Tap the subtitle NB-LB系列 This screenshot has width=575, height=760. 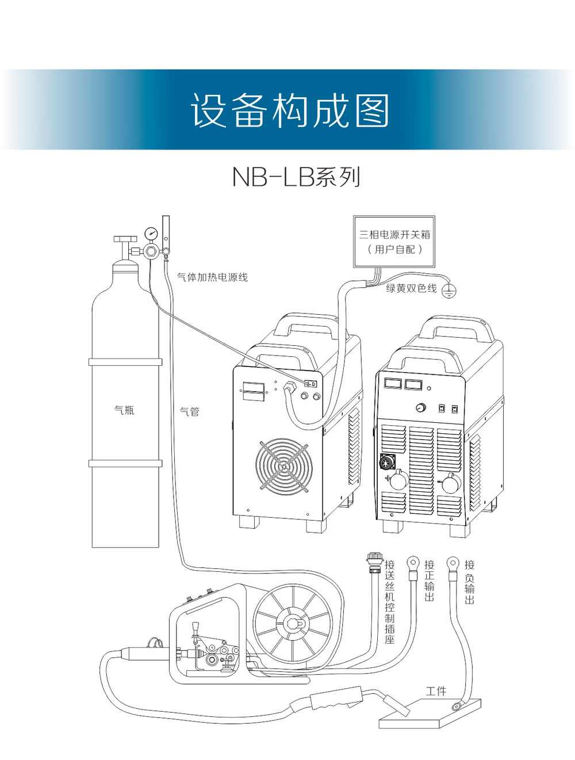tap(296, 177)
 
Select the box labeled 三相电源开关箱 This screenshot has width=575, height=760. tap(394, 242)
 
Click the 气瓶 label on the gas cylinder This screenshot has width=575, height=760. tap(124, 410)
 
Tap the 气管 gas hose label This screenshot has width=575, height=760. tap(189, 411)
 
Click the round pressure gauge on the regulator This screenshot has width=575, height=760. tap(152, 234)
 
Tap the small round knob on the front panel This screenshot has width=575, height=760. tap(421, 408)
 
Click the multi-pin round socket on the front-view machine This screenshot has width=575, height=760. tap(386, 461)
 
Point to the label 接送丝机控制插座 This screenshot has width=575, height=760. tap(390, 601)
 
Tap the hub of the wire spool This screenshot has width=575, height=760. tap(293, 624)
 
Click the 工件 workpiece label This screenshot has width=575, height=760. tap(435, 691)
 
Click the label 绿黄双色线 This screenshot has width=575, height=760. tap(411, 288)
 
